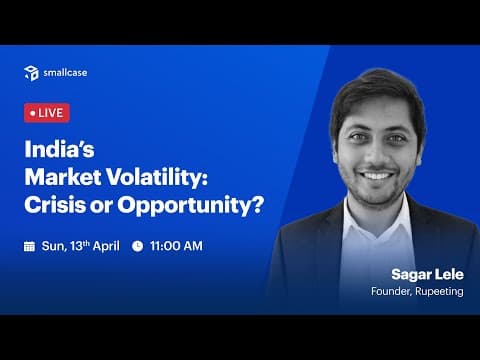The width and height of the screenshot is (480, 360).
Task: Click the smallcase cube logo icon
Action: coord(31,72)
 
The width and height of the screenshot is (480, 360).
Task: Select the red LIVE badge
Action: coord(46,113)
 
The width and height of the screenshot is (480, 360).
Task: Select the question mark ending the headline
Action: coord(257,207)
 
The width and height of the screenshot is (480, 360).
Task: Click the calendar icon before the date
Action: coord(29,245)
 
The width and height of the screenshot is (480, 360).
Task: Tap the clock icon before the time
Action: coord(137,245)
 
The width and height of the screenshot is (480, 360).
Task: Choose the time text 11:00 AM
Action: coord(177,245)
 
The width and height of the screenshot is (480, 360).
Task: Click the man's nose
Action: coord(378,155)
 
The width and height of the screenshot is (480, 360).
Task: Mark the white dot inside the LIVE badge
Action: coord(33,113)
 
